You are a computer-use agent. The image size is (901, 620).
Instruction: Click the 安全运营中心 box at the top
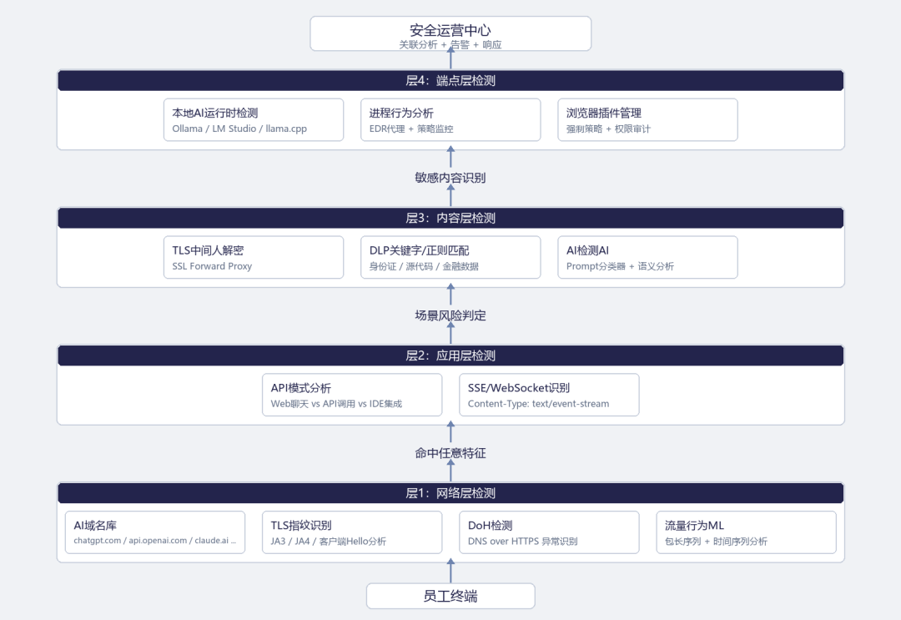point(450,33)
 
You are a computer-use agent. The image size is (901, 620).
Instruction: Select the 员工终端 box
point(450,596)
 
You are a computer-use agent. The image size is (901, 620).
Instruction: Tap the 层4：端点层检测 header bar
point(450,80)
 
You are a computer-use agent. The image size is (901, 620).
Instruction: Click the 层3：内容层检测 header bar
point(450,218)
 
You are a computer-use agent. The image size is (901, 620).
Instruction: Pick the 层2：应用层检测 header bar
point(450,355)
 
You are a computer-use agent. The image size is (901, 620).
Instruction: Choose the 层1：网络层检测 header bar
point(450,493)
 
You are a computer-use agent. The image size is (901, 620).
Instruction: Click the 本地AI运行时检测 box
point(254,119)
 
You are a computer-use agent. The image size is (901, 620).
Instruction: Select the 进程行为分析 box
point(450,119)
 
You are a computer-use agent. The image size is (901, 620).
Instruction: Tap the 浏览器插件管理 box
point(647,119)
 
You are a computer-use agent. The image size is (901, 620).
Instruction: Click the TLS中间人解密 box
point(254,257)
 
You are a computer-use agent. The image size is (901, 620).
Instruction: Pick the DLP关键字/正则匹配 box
point(450,257)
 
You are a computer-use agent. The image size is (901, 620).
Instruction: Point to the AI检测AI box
point(647,257)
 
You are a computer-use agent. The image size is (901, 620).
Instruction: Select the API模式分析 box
point(352,395)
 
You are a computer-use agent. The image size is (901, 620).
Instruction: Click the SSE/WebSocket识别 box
point(549,395)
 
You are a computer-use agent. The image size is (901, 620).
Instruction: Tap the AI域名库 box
point(155,532)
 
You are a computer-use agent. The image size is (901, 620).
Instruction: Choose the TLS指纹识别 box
point(352,532)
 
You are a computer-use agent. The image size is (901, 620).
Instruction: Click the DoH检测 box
point(549,532)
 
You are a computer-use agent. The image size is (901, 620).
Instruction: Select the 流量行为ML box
point(747,532)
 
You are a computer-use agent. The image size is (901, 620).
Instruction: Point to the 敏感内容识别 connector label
point(450,178)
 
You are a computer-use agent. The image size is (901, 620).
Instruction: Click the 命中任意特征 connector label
point(450,453)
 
